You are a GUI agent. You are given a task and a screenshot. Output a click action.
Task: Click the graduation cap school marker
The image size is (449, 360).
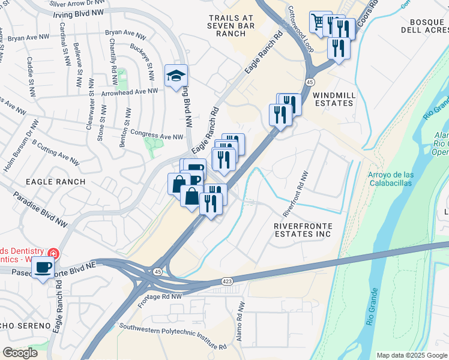click(176, 76)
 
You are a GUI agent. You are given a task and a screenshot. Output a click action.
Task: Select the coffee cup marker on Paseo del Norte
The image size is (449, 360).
click(43, 268)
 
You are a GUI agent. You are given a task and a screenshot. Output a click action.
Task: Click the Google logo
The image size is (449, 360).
click(20, 353)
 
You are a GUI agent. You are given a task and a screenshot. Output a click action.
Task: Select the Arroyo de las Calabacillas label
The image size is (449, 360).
click(390, 179)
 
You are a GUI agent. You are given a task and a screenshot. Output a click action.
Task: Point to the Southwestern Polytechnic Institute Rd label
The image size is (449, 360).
click(173, 337)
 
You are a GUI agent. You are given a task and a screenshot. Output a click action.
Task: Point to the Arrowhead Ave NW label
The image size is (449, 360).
click(130, 92)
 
